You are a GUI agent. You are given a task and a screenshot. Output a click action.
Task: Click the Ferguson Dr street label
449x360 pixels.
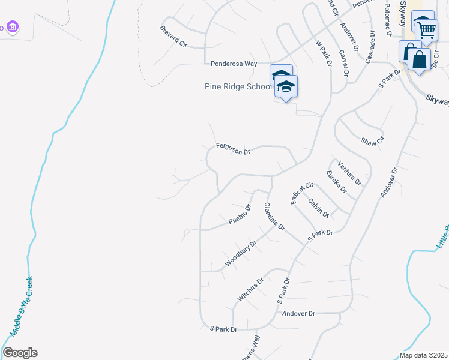(x=233, y=148)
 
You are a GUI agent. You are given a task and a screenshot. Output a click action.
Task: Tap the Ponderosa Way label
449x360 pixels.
(x=234, y=63)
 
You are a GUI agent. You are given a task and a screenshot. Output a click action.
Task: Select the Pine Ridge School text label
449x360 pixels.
(x=239, y=86)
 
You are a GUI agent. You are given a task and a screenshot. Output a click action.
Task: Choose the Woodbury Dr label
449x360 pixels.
(x=241, y=254)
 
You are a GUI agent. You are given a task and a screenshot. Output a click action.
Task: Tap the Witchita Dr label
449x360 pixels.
(x=250, y=290)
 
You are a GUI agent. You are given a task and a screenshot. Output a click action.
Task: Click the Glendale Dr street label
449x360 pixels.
(x=274, y=217)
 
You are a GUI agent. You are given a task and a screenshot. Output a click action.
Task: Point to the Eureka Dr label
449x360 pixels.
(x=337, y=181)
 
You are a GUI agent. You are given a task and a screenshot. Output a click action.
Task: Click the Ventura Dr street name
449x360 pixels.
(x=349, y=173)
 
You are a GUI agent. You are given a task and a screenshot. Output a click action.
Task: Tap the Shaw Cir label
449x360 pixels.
(x=372, y=142)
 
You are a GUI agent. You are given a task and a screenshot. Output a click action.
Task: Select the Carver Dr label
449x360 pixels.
(x=344, y=63)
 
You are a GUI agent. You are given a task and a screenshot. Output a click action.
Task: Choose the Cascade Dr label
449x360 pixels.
(x=369, y=47)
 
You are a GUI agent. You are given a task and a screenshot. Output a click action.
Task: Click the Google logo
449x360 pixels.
(x=20, y=353)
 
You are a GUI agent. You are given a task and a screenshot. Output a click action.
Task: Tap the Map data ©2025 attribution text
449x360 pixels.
(x=423, y=355)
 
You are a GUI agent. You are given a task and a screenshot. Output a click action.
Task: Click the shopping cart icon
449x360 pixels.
(x=427, y=29)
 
